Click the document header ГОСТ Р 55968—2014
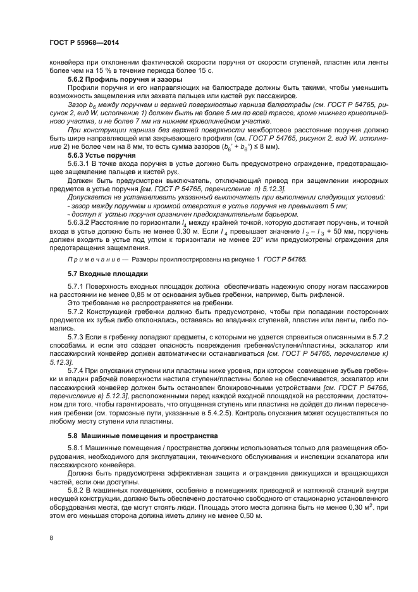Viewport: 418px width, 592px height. (84, 42)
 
